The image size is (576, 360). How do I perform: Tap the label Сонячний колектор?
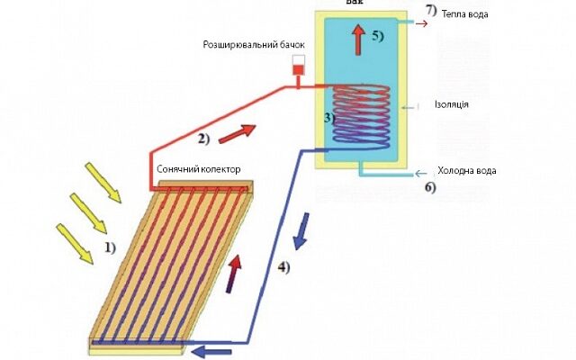pyautogui.click(x=198, y=169)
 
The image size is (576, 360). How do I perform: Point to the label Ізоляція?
pyautogui.click(x=450, y=105)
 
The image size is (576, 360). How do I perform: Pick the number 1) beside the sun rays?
pyautogui.click(x=109, y=245)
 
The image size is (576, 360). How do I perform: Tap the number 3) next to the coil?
pyautogui.click(x=328, y=117)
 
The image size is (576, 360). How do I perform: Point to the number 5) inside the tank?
pyautogui.click(x=377, y=37)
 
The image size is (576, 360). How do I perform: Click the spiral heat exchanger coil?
pyautogui.click(x=360, y=117)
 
